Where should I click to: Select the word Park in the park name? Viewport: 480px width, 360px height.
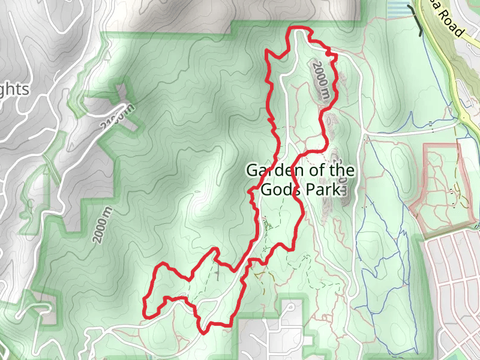pyautogui.click(x=325, y=190)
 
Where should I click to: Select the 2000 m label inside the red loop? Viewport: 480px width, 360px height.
pyautogui.click(x=320, y=81)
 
